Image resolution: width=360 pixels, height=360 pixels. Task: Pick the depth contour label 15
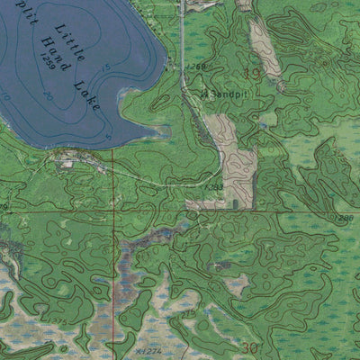107,67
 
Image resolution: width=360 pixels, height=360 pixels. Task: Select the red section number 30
249,348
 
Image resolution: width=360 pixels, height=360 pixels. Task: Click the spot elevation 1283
214,187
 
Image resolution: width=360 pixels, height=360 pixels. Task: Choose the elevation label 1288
346,217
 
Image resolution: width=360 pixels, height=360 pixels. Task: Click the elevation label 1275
58,319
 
